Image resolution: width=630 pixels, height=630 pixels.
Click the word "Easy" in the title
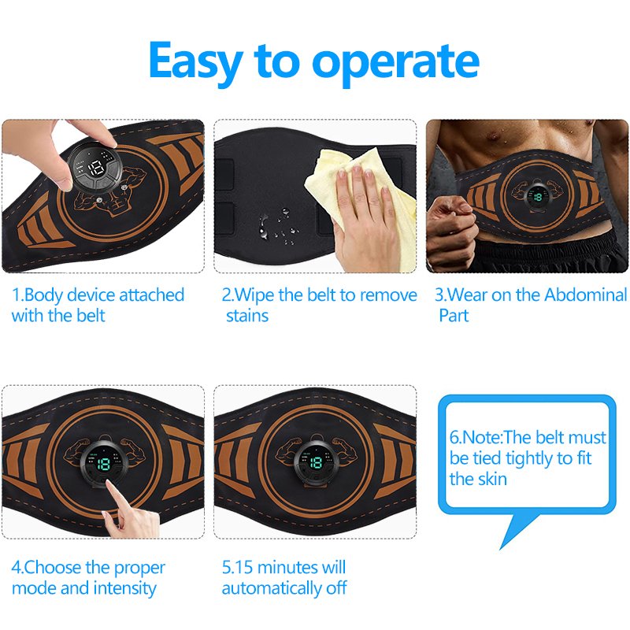coord(195,62)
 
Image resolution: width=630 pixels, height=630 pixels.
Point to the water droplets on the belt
coord(278,226)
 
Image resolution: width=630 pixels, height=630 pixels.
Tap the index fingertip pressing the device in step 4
coord(109,484)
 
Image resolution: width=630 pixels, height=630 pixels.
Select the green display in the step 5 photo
coord(317,463)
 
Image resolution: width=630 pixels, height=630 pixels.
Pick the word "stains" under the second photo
coord(247,316)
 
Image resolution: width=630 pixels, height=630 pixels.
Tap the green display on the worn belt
coord(537,196)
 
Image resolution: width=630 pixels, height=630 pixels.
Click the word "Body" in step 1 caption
coord(43,295)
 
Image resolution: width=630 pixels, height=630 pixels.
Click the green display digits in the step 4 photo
coord(104,464)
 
